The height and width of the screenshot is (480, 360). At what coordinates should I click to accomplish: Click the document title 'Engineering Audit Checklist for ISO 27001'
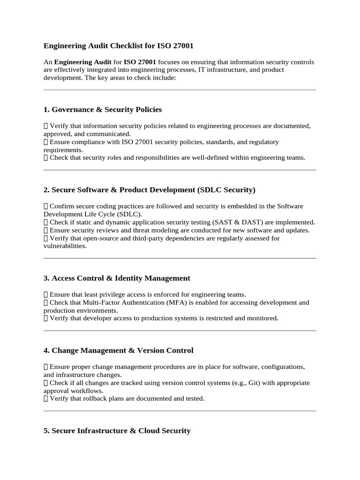coord(118,46)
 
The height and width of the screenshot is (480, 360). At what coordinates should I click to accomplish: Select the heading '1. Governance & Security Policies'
coord(103,110)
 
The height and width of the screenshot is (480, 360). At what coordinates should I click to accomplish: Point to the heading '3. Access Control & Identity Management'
coord(117,278)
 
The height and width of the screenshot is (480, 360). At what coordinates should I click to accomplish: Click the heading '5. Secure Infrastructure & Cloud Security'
coord(117,430)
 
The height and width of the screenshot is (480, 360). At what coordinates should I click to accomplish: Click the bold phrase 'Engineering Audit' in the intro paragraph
coord(83,62)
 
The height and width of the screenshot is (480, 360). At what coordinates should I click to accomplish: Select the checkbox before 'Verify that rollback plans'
coord(45,398)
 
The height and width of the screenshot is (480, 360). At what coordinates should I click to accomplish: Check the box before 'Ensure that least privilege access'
coord(45,294)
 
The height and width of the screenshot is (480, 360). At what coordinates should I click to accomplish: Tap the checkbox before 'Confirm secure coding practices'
coord(45,206)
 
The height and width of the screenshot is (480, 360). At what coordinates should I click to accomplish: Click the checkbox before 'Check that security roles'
coord(45,157)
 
